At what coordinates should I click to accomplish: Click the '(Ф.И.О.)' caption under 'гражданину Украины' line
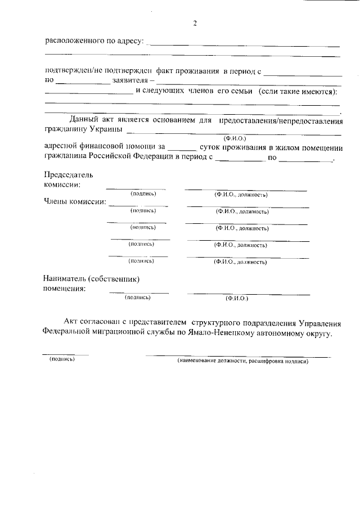tap(235, 138)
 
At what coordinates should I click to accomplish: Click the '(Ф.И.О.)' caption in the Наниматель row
tap(237, 298)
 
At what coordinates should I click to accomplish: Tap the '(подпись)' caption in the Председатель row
tap(143, 193)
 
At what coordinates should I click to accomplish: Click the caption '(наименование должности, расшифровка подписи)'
tap(243, 361)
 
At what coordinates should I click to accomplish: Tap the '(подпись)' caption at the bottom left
tap(62, 359)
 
